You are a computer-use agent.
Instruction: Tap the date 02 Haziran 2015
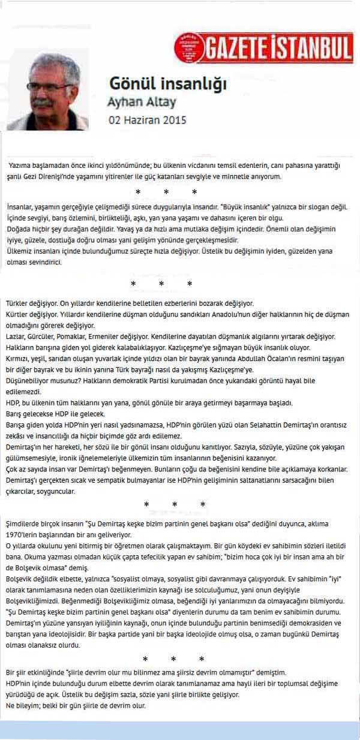coord(147,119)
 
